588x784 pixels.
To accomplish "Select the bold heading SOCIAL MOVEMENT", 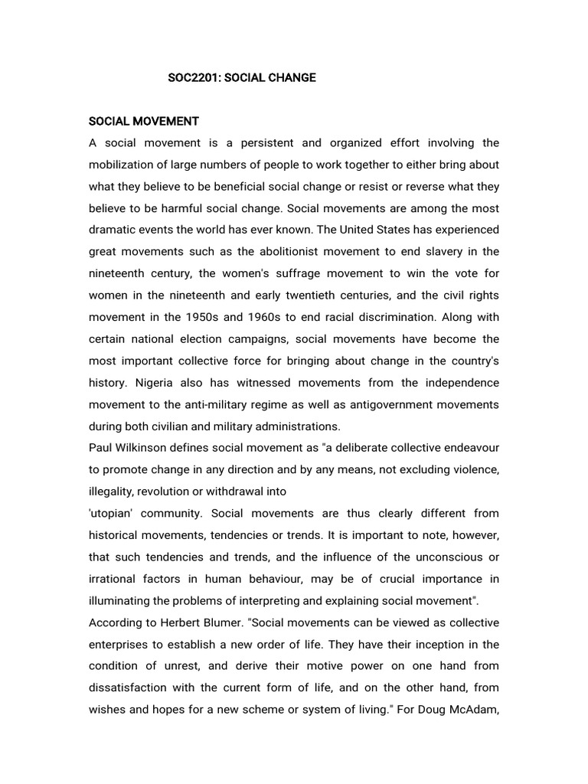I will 144,121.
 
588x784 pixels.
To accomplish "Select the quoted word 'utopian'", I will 115,513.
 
